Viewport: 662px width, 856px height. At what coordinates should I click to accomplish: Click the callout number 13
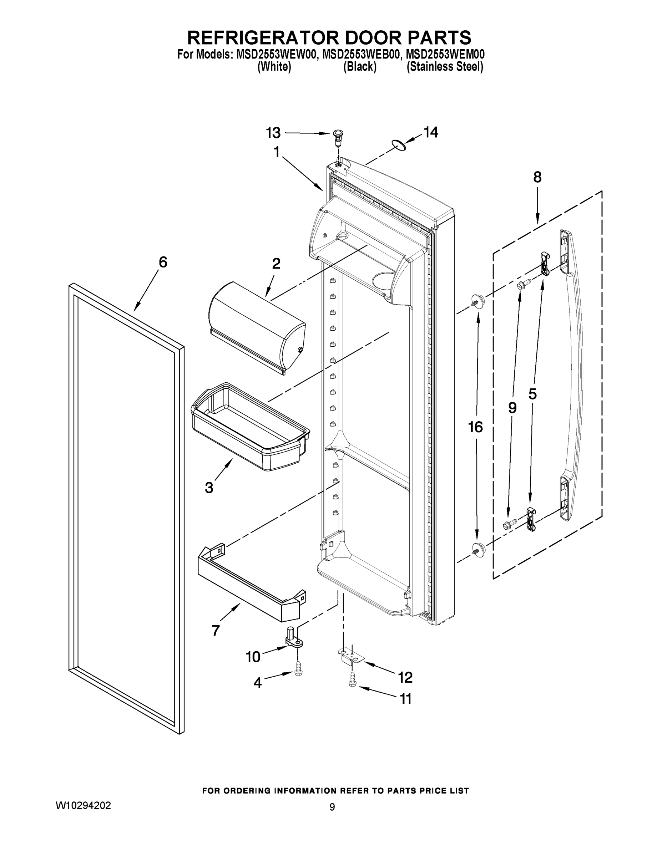tap(273, 133)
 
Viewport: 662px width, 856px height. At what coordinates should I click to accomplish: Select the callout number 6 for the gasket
tap(163, 262)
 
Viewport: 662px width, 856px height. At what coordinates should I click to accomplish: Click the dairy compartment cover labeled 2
tap(257, 327)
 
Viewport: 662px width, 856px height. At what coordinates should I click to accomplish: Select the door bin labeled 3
tap(249, 427)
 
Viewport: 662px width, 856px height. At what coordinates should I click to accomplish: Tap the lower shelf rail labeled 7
tap(251, 584)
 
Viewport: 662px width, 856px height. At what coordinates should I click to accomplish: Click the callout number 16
tap(475, 427)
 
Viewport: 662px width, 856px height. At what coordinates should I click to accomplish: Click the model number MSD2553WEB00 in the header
tap(361, 54)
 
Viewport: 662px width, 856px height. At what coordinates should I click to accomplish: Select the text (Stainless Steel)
tap(445, 67)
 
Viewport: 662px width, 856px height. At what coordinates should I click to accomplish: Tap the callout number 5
tap(532, 394)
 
